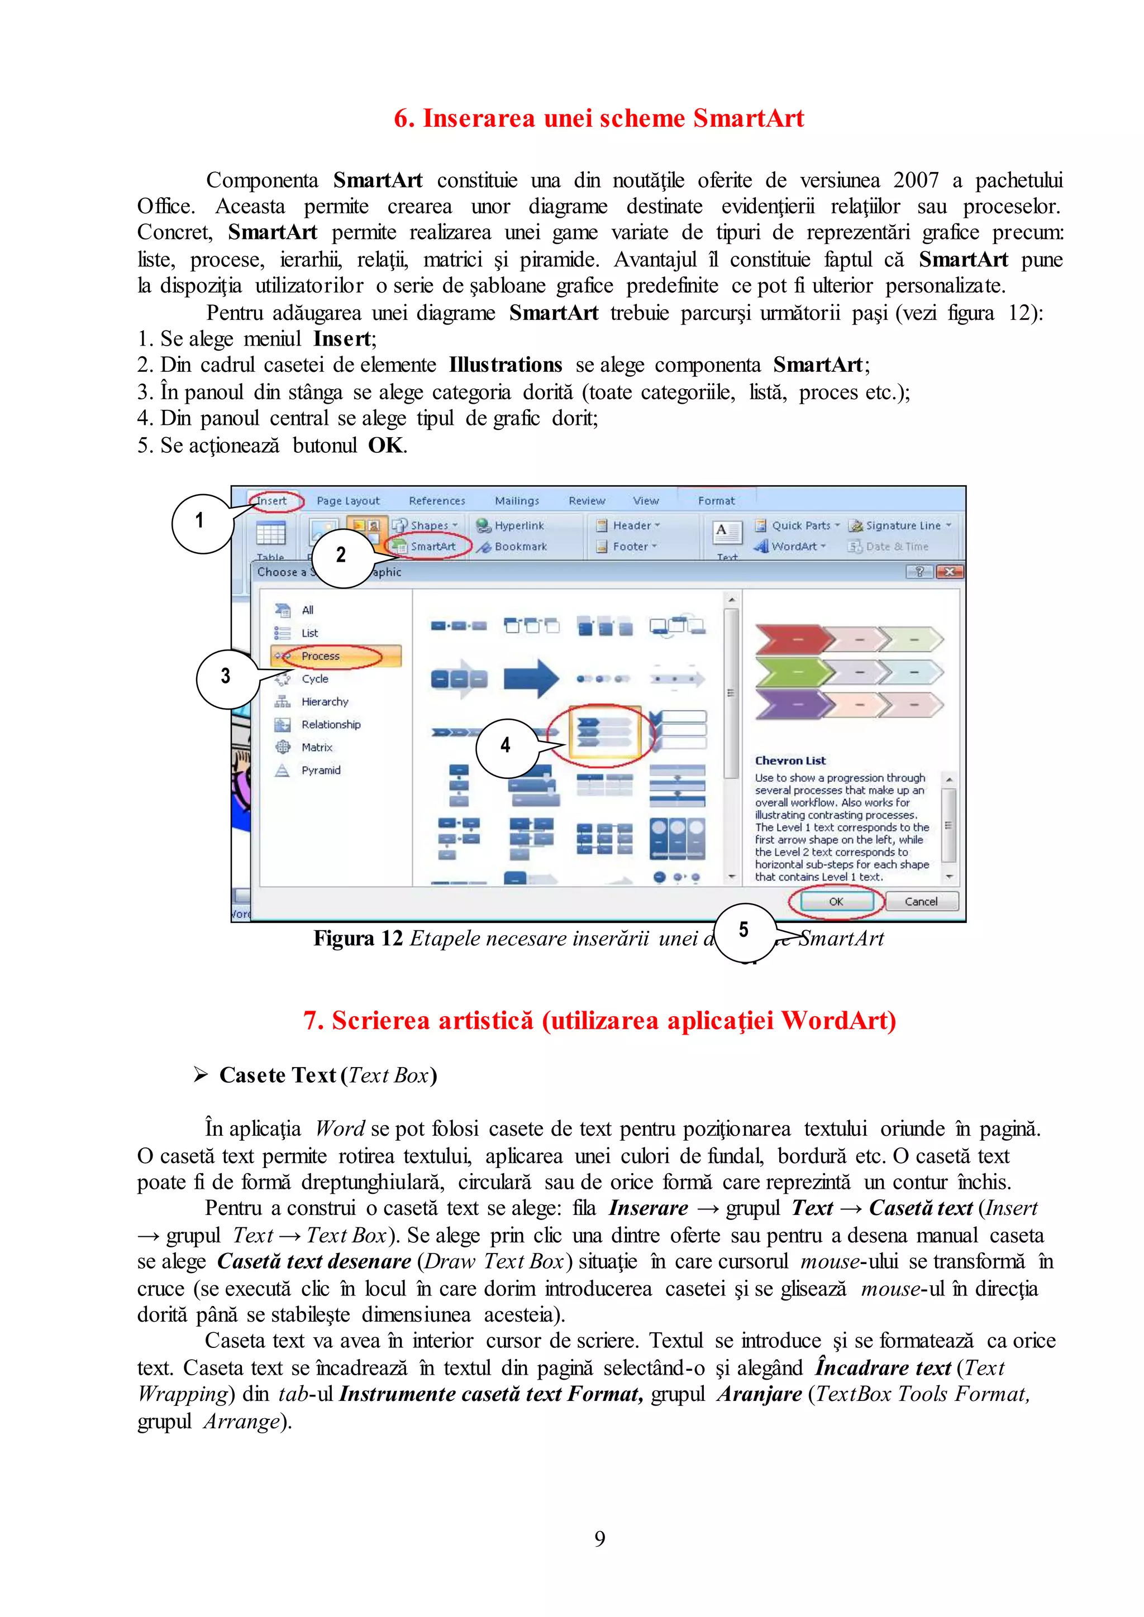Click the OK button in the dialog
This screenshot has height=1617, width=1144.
(x=836, y=901)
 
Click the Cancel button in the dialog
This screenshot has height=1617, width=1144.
(x=921, y=901)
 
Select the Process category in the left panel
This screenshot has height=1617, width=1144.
(x=321, y=656)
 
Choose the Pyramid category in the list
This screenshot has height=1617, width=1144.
(x=321, y=771)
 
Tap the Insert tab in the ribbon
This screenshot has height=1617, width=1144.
(x=272, y=501)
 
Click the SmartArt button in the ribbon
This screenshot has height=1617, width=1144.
(x=432, y=547)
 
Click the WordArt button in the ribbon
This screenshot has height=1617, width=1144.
(x=793, y=547)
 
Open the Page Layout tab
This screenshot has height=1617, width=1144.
(x=348, y=501)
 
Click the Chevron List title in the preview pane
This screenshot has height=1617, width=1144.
(x=790, y=760)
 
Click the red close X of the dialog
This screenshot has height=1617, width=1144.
(x=949, y=572)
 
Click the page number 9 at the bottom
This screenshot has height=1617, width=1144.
(x=599, y=1539)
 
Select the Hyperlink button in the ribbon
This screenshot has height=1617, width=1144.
(x=518, y=525)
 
